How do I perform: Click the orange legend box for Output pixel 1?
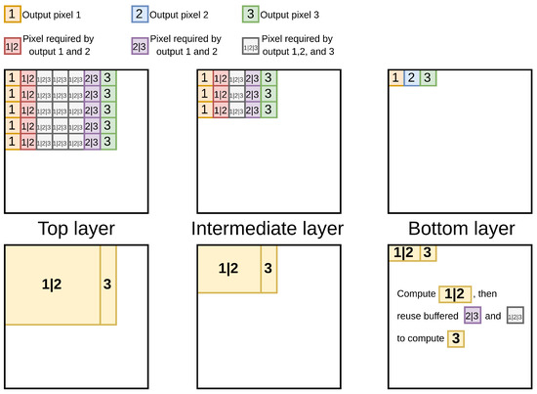pyautogui.click(x=14, y=15)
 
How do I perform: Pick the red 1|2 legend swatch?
pyautogui.click(x=14, y=45)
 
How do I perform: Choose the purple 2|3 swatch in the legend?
pyautogui.click(x=138, y=45)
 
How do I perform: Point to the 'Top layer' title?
pyautogui.click(x=78, y=229)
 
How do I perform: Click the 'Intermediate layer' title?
pyautogui.click(x=268, y=229)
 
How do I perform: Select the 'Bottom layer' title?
pyautogui.click(x=458, y=229)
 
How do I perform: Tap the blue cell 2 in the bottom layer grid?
pyautogui.click(x=411, y=78)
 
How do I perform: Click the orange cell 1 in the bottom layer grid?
pyautogui.click(x=395, y=78)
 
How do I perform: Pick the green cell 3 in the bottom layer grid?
pyautogui.click(x=427, y=78)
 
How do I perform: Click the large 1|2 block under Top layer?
pyautogui.click(x=53, y=285)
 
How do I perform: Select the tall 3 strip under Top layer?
pyautogui.click(x=108, y=285)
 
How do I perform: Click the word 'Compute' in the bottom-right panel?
pyautogui.click(x=416, y=293)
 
